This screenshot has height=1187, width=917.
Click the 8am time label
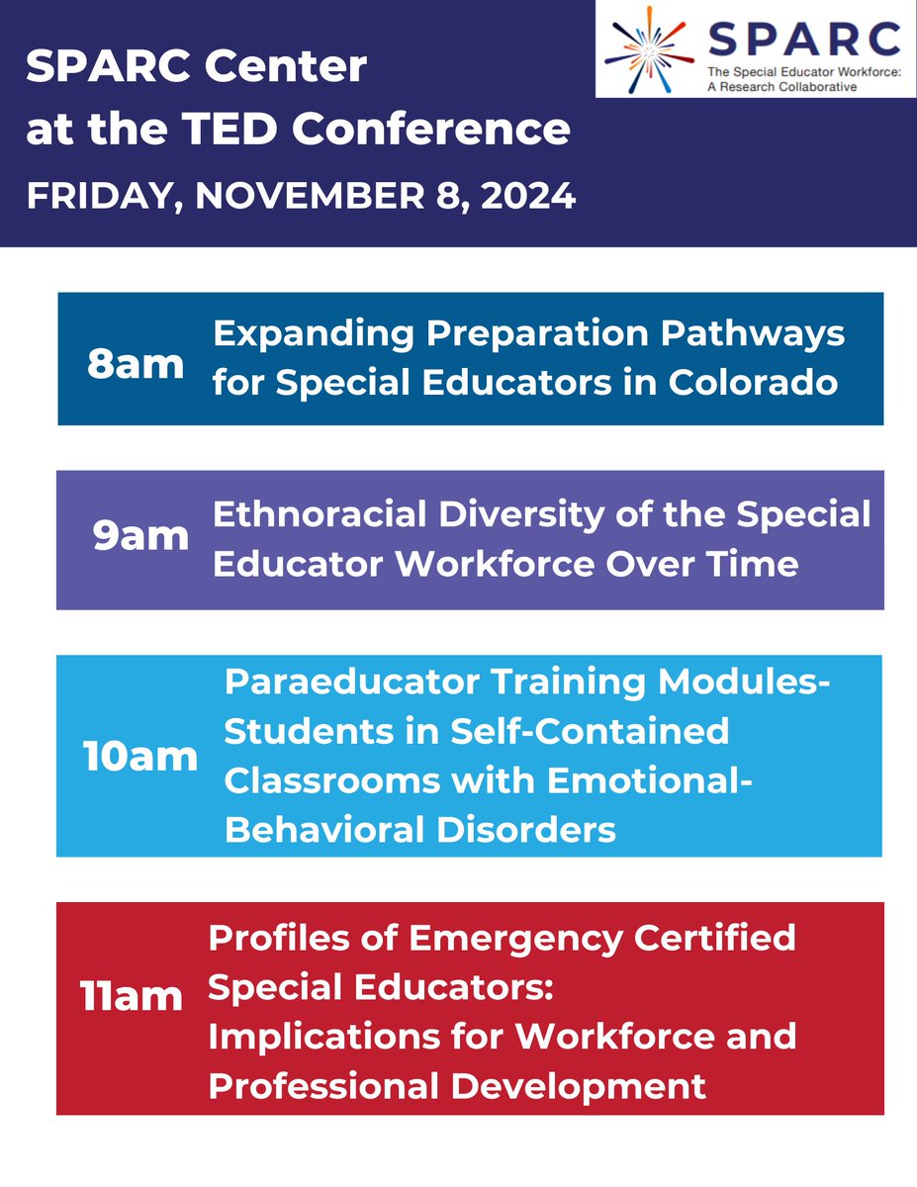(136, 364)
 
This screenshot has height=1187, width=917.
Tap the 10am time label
(140, 757)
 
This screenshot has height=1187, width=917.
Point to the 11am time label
(132, 996)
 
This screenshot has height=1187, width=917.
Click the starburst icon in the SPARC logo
(649, 49)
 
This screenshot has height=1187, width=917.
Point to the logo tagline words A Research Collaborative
(781, 86)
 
